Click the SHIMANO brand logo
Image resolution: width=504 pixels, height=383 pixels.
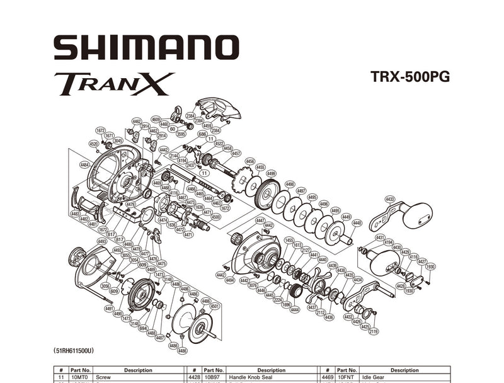point(146,48)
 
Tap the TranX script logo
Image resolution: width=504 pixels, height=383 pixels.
point(114,84)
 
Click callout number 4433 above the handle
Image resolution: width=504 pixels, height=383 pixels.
point(390,199)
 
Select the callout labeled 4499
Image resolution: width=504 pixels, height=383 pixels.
point(271,173)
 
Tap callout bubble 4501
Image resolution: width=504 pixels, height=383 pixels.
point(215,306)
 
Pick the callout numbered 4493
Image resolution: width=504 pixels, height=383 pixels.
point(101,241)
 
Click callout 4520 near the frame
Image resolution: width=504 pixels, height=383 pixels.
point(94,144)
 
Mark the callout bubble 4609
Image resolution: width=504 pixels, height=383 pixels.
point(156,119)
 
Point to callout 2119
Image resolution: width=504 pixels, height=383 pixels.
point(374,331)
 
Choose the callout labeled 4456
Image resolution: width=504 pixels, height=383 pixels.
point(250,161)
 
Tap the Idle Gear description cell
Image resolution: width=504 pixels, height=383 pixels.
point(404,377)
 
